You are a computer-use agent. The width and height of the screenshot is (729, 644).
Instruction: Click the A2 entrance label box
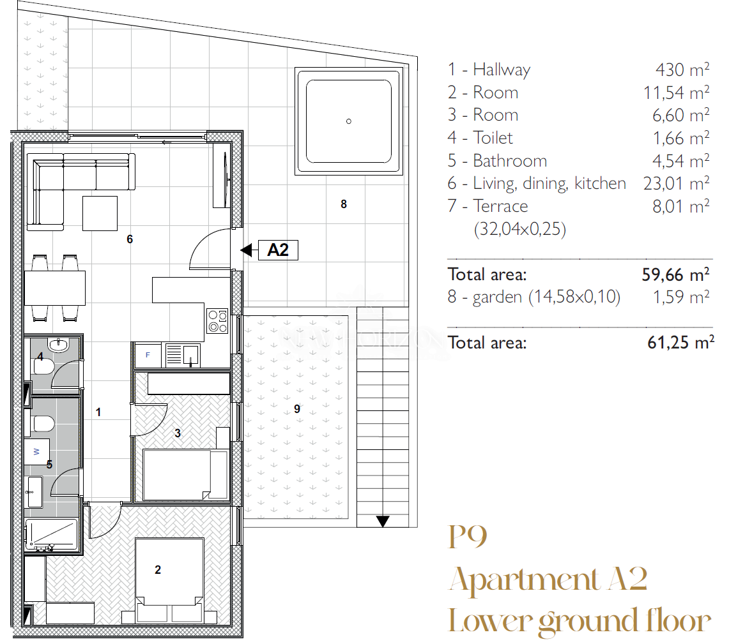278,250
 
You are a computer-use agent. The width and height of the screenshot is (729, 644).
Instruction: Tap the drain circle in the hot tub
349,122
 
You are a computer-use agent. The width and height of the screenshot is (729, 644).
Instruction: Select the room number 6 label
130,239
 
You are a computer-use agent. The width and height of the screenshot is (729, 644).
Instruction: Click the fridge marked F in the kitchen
148,356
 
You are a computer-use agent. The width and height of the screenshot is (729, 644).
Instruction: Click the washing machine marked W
36,451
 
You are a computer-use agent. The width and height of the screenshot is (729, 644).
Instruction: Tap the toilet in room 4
43,368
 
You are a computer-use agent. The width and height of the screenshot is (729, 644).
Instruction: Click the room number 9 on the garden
297,409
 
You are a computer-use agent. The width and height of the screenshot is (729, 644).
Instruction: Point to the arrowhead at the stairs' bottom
383,521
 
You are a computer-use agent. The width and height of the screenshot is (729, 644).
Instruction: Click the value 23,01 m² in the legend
677,183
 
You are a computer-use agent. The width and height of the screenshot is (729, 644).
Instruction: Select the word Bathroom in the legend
510,161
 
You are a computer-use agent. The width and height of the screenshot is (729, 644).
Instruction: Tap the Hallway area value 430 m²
682,70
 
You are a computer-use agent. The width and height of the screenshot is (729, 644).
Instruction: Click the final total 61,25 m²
680,342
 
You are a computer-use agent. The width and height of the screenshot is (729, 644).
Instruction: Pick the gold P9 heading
468,537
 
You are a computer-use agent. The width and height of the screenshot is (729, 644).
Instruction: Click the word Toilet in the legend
493,138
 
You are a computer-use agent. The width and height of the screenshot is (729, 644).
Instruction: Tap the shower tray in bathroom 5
52,534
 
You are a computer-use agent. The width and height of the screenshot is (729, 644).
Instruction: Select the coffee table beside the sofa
100,213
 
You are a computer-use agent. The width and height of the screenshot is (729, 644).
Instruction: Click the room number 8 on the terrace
344,204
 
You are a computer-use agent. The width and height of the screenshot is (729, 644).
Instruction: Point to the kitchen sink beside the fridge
182,356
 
